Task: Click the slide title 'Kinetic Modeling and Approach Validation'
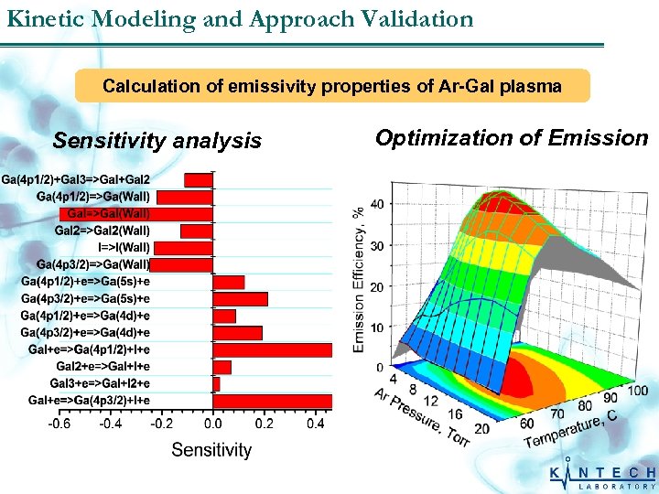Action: (x=240, y=18)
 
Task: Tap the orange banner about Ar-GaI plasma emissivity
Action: (x=331, y=86)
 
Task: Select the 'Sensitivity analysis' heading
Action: (x=157, y=141)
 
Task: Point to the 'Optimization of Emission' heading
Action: (x=511, y=138)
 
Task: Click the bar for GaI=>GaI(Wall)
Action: (x=136, y=214)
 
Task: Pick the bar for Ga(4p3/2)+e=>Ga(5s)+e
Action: (x=240, y=298)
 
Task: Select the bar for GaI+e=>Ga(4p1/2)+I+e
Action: (x=272, y=349)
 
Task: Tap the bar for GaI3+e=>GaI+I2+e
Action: (x=216, y=383)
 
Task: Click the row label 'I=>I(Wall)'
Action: (x=124, y=248)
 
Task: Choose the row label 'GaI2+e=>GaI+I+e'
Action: (x=103, y=367)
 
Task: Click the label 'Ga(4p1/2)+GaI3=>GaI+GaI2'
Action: (x=76, y=179)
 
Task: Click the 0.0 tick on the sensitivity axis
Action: (x=212, y=424)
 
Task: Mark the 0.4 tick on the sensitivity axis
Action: (x=315, y=424)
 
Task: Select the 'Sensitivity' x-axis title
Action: (x=211, y=450)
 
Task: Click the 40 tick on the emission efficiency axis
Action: (x=377, y=203)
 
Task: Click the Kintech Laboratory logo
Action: (x=602, y=477)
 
